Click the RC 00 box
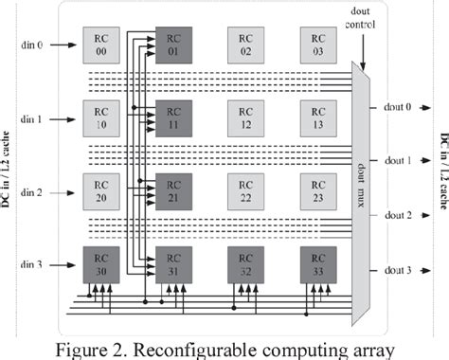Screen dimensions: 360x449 coord(101,43)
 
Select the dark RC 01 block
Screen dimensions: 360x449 coord(171,43)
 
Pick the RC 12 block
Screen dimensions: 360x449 coord(244,117)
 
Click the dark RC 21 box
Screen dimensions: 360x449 coord(171,190)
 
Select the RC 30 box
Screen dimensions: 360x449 coord(101,262)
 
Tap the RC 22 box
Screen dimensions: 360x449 coord(244,190)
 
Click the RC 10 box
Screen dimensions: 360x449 coord(101,117)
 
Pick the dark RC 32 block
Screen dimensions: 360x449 coord(244,262)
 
